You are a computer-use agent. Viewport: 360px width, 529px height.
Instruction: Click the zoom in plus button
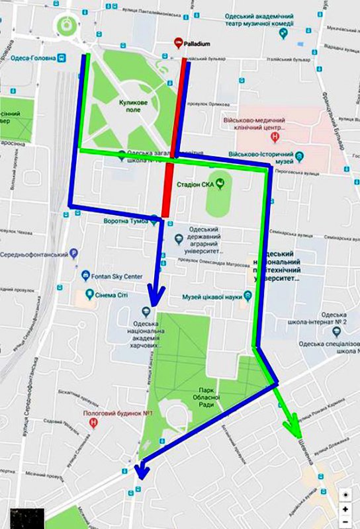345,509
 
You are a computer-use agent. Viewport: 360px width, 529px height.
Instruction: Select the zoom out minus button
345,522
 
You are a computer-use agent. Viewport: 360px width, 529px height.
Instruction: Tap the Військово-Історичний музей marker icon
299,157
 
